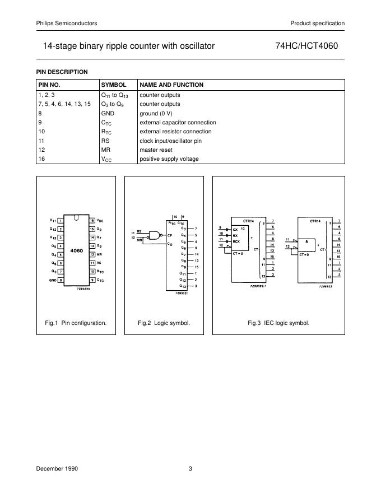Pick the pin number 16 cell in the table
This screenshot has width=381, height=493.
(41, 159)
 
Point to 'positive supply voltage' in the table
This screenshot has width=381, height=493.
(169, 159)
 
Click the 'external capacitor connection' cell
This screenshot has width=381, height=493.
(178, 122)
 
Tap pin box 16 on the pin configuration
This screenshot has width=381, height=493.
(92, 221)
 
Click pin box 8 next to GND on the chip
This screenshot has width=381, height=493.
(60, 280)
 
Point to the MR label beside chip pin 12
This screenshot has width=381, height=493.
(99, 254)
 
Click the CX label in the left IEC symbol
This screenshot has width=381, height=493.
(235, 229)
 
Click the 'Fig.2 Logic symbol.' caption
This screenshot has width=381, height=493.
(164, 323)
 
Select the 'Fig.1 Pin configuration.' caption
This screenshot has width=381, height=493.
(76, 323)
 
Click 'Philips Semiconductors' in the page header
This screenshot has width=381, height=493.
(66, 23)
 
